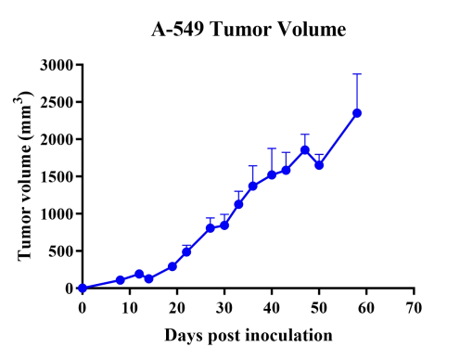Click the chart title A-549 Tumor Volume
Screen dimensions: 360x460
pos(249,32)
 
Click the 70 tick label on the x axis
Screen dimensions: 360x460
pos(414,306)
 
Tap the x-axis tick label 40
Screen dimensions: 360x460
pos(272,306)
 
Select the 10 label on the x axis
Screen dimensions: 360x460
pos(130,306)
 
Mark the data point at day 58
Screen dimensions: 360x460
pos(357,113)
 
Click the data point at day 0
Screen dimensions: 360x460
pos(83,288)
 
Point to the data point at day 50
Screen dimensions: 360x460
pos(319,165)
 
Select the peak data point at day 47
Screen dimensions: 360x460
pos(305,150)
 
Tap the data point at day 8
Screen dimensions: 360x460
pos(121,279)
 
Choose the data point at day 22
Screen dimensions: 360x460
pos(186,251)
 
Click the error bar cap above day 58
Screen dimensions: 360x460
pos(357,74)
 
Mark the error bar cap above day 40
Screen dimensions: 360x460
pos(272,148)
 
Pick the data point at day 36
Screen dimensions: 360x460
pos(252,186)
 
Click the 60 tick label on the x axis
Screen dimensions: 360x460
pos(366,306)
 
